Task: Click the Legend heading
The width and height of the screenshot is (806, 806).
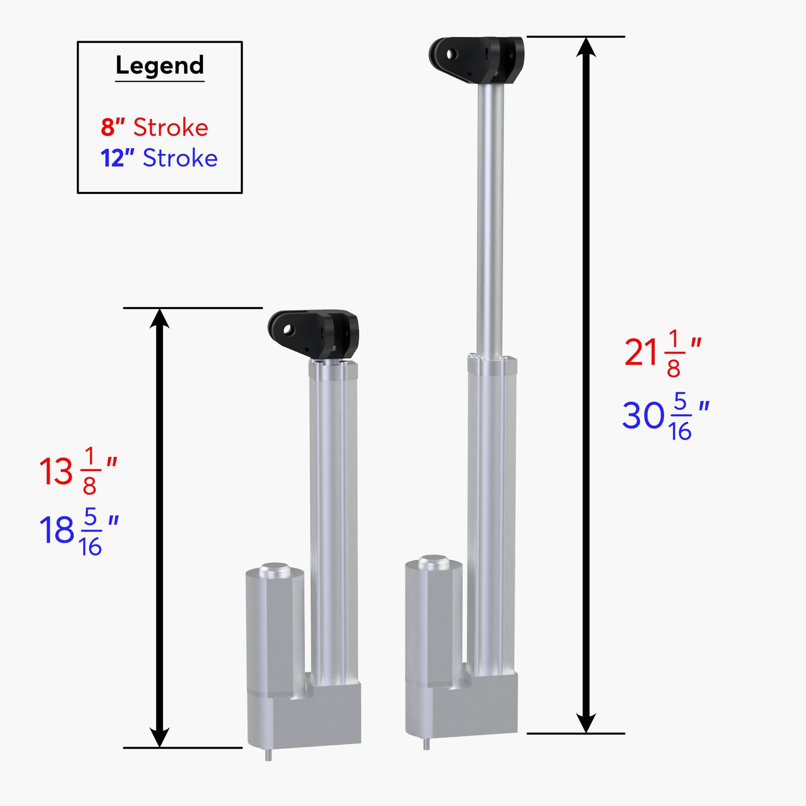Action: [x=160, y=66]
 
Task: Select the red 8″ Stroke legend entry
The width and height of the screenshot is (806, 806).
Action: [x=154, y=128]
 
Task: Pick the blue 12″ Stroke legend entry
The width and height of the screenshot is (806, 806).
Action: [x=159, y=158]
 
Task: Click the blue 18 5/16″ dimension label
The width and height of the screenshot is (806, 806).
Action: [x=79, y=530]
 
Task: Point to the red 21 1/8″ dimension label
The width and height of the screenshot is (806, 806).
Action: [x=663, y=353]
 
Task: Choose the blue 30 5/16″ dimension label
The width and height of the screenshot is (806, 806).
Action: [x=665, y=415]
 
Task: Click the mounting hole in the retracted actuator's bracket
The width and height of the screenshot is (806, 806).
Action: [x=288, y=330]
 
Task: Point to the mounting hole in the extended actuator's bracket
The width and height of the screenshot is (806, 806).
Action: [x=450, y=54]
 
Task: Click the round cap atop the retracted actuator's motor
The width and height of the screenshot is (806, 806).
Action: [x=275, y=570]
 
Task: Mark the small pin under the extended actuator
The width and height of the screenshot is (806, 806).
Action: [x=427, y=743]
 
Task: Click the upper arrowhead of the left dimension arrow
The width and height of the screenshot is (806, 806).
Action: [x=159, y=319]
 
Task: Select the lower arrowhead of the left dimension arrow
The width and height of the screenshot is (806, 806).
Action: [x=159, y=736]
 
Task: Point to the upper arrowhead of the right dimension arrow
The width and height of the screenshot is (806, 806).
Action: [x=586, y=48]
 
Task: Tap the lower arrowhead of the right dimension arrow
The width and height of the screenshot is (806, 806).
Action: [x=586, y=722]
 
